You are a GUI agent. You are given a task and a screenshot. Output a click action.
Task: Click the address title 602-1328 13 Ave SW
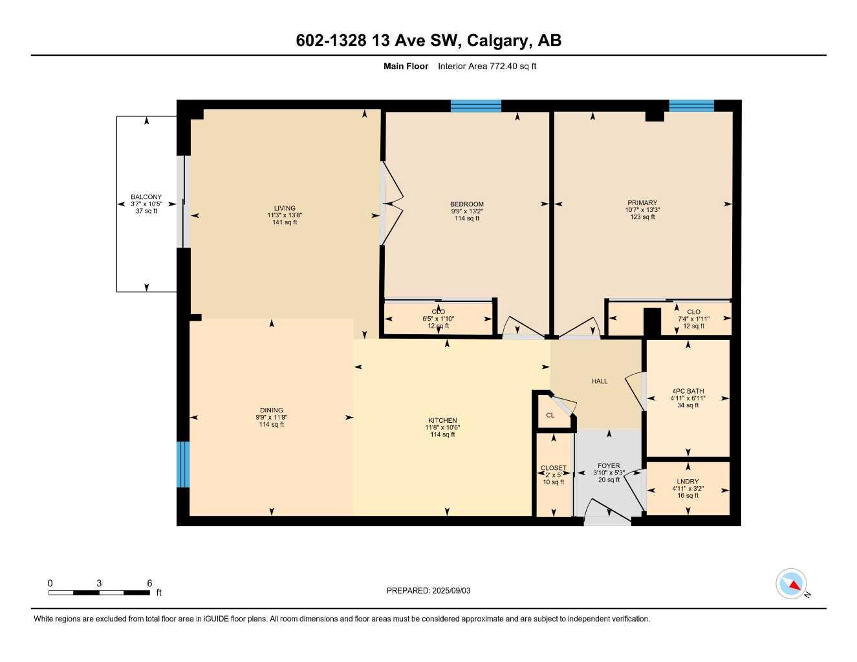point(428,41)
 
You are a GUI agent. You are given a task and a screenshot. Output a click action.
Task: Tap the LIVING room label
point(285,208)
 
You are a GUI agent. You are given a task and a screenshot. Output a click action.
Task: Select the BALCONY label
point(146,197)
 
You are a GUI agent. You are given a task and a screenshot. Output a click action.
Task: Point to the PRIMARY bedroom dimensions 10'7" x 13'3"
point(642,210)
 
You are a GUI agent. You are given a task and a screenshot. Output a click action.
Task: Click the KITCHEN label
point(442,420)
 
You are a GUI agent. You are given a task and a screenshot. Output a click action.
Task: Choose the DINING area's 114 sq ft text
point(272,425)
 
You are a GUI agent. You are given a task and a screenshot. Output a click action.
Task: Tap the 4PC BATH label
point(688,391)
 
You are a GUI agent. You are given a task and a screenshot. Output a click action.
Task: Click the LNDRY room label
point(688,482)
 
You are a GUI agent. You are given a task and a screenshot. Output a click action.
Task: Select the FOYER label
point(609,465)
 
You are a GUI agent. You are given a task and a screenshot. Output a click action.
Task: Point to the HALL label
point(600,381)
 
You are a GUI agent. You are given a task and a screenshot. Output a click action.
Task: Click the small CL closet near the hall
point(550,415)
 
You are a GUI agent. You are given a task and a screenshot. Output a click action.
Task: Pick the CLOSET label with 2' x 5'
point(554,468)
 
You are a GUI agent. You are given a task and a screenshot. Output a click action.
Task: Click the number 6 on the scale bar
point(149,583)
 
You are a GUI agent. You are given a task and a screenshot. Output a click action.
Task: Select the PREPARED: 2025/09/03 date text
point(428,590)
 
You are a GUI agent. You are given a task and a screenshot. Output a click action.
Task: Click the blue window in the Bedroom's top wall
point(475,106)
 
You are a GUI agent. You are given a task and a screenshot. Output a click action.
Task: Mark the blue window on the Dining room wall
point(183,464)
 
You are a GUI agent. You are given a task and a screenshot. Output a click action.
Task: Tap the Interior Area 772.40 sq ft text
point(487,66)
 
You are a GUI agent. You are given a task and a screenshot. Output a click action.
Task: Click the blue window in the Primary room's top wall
point(691,106)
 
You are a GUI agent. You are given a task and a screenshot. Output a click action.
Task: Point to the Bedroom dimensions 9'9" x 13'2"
point(467,211)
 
